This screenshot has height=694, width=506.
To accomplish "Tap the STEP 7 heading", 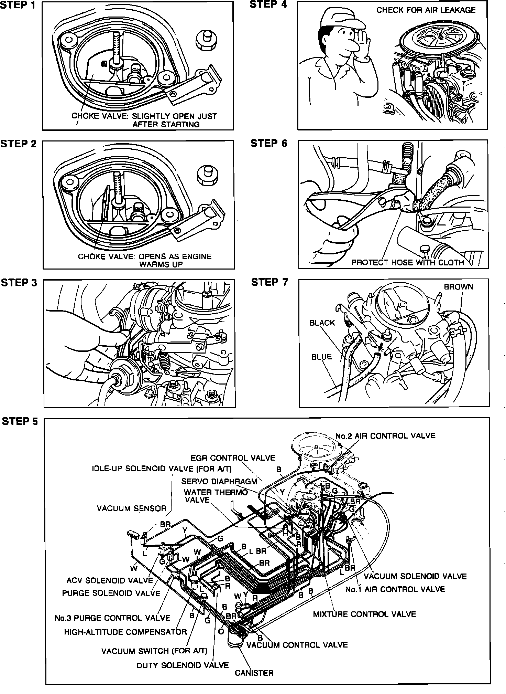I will pos(269,282).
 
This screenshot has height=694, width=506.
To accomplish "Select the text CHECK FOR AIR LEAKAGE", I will pos(426,10).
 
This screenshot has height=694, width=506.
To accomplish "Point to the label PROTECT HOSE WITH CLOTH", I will pos(407,263).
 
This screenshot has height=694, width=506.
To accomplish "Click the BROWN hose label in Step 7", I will pos(458,287).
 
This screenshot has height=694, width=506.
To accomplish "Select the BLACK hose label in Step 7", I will pos(322,323).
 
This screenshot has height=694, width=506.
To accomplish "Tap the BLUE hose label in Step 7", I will pos(321,357).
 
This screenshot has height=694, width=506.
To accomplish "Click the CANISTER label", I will pos(254,673).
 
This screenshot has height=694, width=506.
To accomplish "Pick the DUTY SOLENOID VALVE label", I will pos(183,665).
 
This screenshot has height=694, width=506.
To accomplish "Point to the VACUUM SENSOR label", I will pos(131,508).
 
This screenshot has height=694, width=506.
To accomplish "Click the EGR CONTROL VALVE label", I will pos(233,458).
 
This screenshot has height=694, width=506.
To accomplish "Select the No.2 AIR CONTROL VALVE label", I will pos(385,436).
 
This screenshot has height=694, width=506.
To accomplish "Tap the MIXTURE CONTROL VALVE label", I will pos(364,614).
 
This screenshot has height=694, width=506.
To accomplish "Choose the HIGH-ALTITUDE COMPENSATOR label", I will pos(125,632).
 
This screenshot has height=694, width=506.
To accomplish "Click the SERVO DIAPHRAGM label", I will pos(219,481).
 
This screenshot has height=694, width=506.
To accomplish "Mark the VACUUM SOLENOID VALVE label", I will pos(415,576).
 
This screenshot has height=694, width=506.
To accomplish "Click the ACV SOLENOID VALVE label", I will pos(110,580).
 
